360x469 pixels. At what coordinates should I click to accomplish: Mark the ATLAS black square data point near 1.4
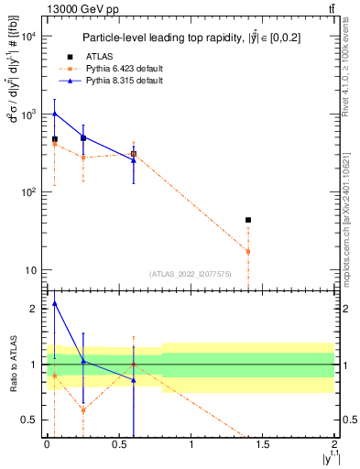(248, 220)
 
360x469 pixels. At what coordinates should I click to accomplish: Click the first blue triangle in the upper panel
(55, 114)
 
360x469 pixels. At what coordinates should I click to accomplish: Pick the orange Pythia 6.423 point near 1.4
(248, 251)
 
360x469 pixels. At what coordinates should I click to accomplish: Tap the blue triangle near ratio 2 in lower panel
(55, 303)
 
